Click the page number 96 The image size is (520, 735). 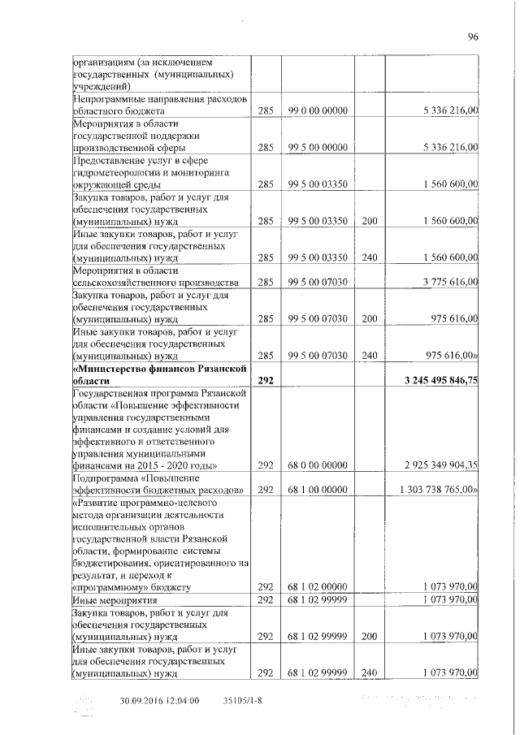point(474,36)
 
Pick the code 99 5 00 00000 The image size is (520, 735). point(318,148)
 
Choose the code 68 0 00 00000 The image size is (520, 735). point(318,465)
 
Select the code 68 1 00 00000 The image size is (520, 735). point(318,489)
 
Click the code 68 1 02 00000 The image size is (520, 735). point(318,586)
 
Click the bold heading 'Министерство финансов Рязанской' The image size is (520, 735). point(159,367)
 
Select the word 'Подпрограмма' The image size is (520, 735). point(106,477)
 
